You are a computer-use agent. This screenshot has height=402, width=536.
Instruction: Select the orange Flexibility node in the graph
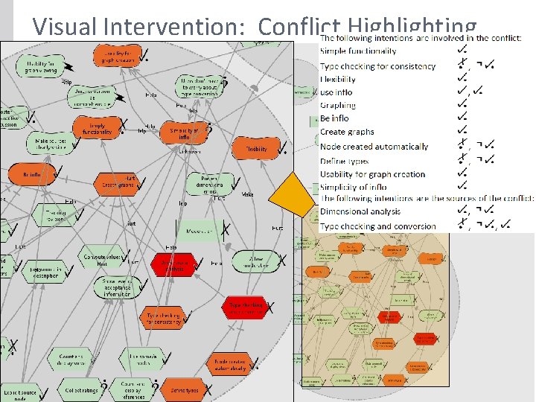[256, 148]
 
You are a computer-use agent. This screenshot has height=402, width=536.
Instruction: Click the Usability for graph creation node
[118, 54]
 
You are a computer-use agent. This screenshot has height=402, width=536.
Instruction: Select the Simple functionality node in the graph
[98, 129]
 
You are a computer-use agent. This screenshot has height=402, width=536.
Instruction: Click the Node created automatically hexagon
[230, 363]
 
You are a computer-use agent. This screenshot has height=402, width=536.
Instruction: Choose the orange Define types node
[184, 390]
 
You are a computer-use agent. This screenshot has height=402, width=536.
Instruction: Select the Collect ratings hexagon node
[81, 389]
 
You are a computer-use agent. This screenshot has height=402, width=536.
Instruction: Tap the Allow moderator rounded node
[258, 261]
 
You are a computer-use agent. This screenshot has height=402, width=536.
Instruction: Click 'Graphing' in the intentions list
[338, 106]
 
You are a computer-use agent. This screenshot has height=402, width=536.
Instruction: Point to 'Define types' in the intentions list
[344, 161]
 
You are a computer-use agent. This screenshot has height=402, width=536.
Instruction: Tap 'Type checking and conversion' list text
[378, 226]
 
